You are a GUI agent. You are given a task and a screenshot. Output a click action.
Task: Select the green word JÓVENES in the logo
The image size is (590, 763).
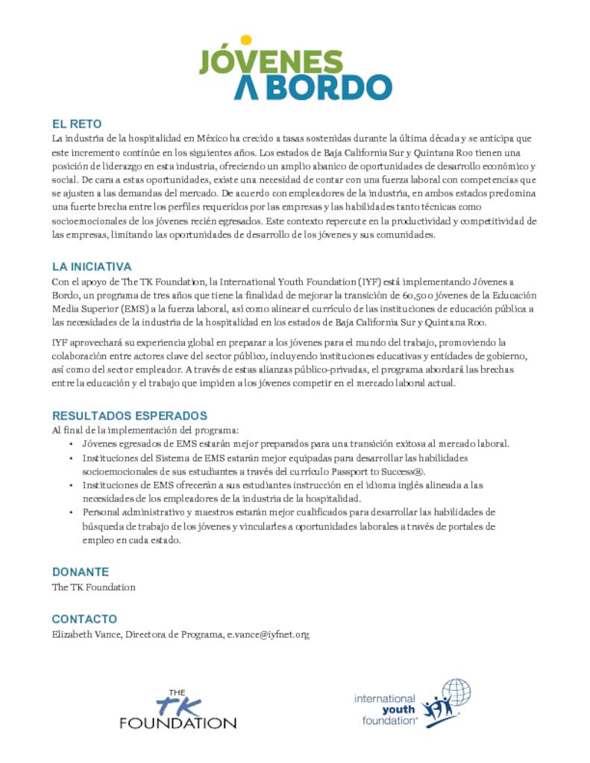coord(270,63)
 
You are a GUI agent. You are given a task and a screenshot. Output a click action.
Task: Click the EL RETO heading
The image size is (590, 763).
coord(76,124)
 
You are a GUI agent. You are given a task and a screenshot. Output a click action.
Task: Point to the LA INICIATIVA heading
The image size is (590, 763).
coord(92,266)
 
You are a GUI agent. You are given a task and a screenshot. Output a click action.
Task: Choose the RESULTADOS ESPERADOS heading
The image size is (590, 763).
coord(129,415)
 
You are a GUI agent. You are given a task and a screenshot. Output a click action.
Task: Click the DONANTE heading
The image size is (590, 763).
coord(81,572)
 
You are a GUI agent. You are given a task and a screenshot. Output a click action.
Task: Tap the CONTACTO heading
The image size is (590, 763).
coord(84,619)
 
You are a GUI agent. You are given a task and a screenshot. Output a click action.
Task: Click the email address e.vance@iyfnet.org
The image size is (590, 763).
coord(268,634)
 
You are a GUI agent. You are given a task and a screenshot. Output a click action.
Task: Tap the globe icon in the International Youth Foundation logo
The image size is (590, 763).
coord(455,693)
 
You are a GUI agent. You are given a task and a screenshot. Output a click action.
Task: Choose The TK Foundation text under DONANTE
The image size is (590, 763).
coord(93,587)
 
